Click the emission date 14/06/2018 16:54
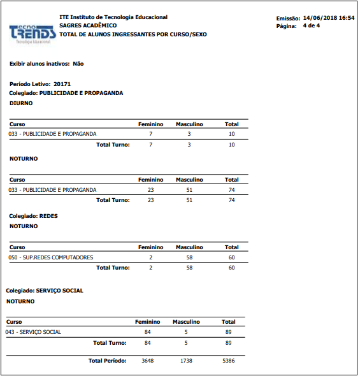(x=328, y=18)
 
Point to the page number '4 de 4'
(x=312, y=26)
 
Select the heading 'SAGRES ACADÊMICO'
(x=88, y=25)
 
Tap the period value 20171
(x=62, y=84)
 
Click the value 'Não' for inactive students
(x=78, y=64)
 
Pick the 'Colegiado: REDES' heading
(x=33, y=216)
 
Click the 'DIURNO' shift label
(x=21, y=103)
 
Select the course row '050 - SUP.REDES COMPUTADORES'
(x=51, y=257)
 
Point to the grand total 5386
(x=228, y=361)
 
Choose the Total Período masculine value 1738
(x=186, y=361)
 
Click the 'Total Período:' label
(x=107, y=361)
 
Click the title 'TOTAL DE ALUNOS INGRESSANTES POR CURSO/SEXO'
(x=133, y=34)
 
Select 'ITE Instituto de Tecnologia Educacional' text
(x=113, y=17)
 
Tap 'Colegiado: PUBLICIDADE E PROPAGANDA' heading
(x=66, y=93)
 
